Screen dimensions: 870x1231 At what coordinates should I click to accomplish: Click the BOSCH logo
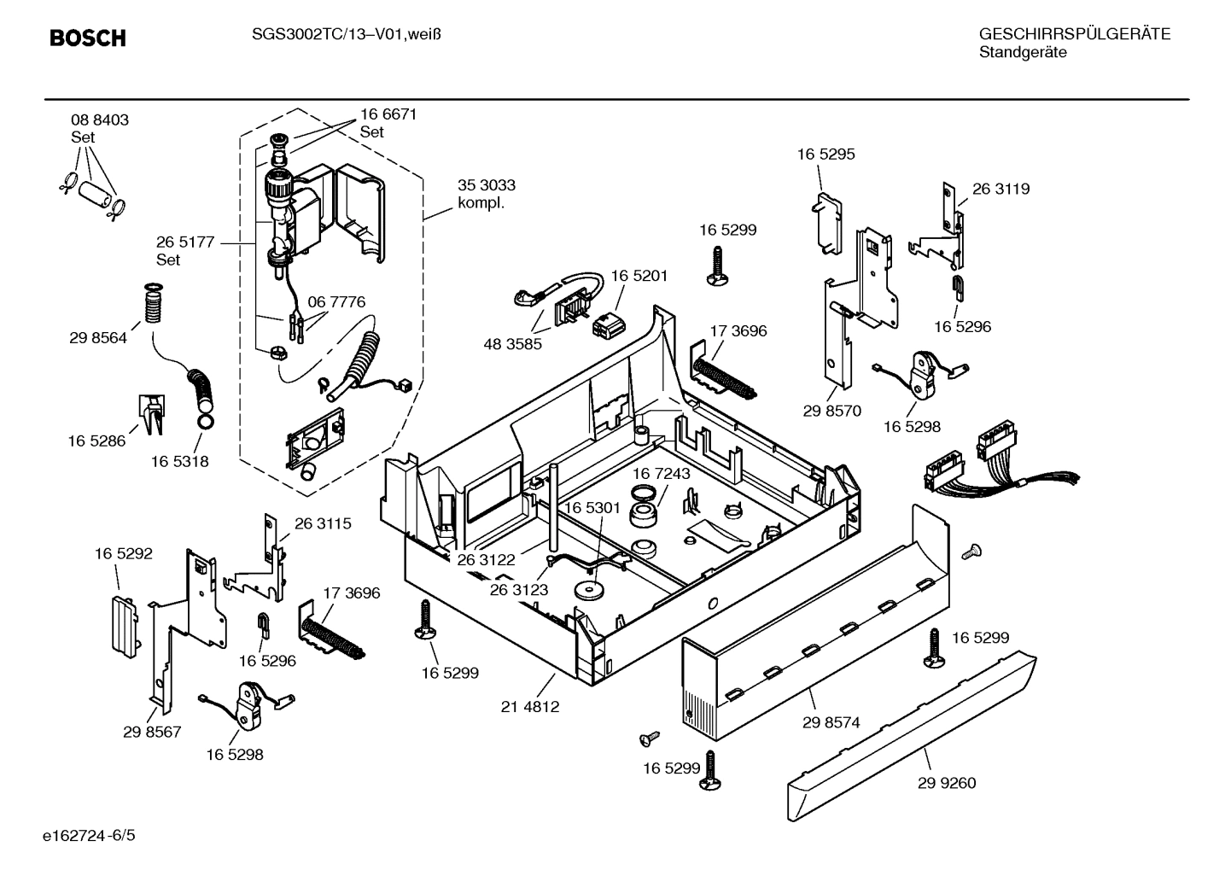[x=87, y=38]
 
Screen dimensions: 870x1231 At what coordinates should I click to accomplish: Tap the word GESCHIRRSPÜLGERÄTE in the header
[x=1074, y=34]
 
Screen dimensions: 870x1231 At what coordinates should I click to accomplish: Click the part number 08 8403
[x=100, y=120]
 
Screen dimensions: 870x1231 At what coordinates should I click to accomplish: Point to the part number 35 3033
[x=487, y=185]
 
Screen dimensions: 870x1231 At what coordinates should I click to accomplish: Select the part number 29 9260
[x=947, y=783]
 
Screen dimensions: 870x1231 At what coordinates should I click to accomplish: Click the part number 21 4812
[x=530, y=707]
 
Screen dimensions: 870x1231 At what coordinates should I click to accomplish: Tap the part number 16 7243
[x=662, y=473]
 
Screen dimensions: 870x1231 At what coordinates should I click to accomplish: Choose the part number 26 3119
[x=1001, y=190]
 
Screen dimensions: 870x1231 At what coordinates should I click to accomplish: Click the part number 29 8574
[x=831, y=722]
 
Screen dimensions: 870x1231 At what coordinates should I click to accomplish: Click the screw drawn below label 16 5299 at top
[x=715, y=265]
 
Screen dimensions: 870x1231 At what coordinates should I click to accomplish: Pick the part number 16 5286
[x=96, y=441]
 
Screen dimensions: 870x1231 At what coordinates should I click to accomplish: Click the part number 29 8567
[x=152, y=732]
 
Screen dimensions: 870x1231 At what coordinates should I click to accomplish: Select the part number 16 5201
[x=639, y=276]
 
